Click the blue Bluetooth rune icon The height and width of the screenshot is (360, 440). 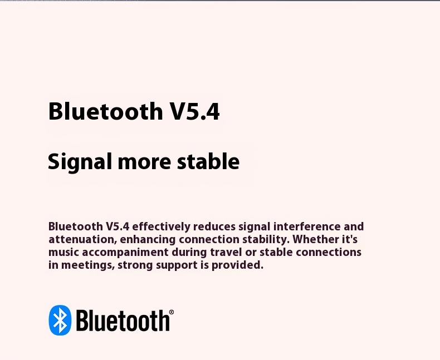[60, 320]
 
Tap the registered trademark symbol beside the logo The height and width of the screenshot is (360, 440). [172, 312]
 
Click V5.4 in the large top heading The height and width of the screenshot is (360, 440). [195, 111]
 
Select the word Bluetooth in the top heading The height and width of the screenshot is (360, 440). [105, 111]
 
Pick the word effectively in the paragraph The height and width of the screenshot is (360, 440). [161, 226]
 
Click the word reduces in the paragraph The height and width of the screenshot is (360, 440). [214, 227]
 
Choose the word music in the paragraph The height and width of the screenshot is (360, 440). [63, 253]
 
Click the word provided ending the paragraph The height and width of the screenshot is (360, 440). [237, 265]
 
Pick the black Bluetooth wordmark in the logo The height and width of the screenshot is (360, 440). [123, 320]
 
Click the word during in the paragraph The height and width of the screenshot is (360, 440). [189, 253]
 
